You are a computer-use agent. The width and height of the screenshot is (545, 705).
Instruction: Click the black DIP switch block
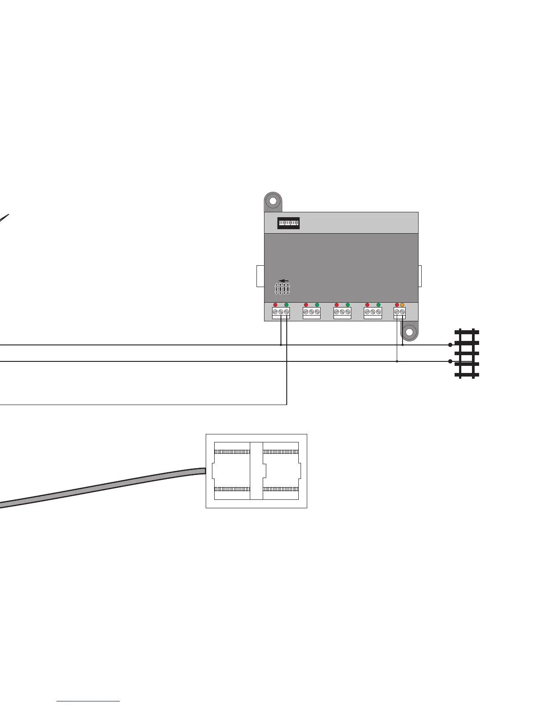point(289,223)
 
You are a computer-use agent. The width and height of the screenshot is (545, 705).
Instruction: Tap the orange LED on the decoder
point(402,305)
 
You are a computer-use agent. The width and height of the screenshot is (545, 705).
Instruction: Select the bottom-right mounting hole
point(410,332)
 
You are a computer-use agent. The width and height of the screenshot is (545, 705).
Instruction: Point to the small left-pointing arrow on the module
point(283,281)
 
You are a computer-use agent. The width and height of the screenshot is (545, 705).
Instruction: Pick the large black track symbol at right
point(467,353)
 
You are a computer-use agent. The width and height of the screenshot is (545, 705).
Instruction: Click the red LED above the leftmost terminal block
point(275,305)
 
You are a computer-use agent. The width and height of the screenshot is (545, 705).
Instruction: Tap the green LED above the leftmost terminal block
point(286,305)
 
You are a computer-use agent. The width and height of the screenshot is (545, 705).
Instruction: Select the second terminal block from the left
point(311,312)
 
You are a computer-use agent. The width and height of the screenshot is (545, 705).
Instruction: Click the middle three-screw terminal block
point(342,312)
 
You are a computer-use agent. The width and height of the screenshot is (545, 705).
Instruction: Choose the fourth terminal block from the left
point(373,312)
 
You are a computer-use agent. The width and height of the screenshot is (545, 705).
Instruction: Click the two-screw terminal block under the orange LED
point(399,312)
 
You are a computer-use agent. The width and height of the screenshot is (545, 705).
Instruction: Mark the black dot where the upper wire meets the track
point(450,345)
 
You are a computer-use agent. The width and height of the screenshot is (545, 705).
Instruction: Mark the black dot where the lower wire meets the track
point(450,361)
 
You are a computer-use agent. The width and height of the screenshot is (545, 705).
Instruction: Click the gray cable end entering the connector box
point(201,471)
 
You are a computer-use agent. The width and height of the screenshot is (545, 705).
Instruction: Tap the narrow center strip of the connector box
point(256,471)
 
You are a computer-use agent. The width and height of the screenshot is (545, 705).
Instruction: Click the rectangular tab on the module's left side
point(260,276)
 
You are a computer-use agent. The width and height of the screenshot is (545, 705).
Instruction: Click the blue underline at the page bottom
point(88,701)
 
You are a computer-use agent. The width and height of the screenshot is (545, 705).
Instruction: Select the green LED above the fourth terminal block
point(378,305)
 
